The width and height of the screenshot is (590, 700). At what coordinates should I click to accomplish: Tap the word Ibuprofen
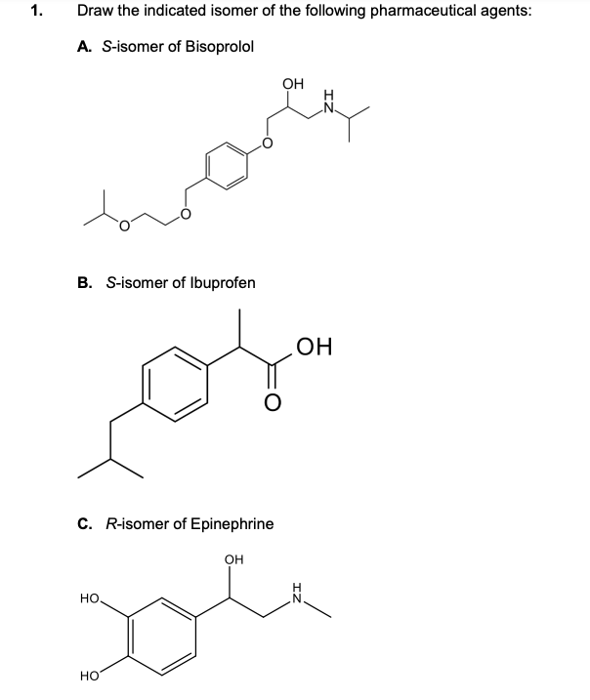(x=222, y=282)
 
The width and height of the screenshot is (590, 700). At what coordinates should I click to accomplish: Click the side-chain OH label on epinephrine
(x=232, y=559)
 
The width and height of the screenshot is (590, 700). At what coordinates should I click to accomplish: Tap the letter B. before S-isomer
(x=84, y=282)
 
